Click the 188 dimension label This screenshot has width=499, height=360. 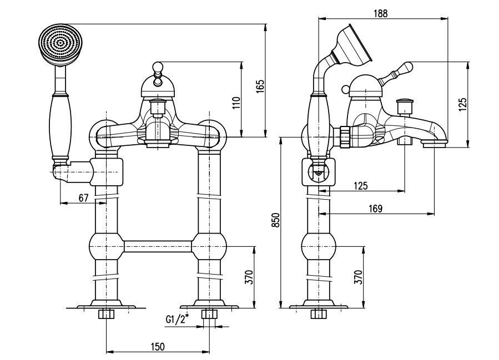point(381,13)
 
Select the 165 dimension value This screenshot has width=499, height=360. point(260,86)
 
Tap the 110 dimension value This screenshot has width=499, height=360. point(236,103)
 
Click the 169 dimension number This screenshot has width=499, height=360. point(376,209)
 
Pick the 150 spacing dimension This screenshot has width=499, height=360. point(158,346)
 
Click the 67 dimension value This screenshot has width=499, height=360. point(83,198)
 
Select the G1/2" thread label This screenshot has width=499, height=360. point(177,318)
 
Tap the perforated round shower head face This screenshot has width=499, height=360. point(61,43)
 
